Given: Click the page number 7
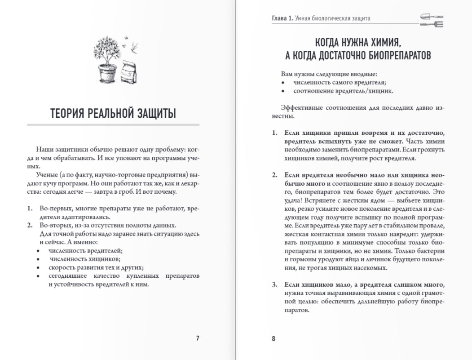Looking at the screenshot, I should tap(198, 338).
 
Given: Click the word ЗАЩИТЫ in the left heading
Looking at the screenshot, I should tap(152, 114).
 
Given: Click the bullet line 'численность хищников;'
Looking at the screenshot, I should tap(85, 259).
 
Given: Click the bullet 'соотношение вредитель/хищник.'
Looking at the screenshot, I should tap(344, 91).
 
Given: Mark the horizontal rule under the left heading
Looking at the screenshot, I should tap(113, 124).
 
